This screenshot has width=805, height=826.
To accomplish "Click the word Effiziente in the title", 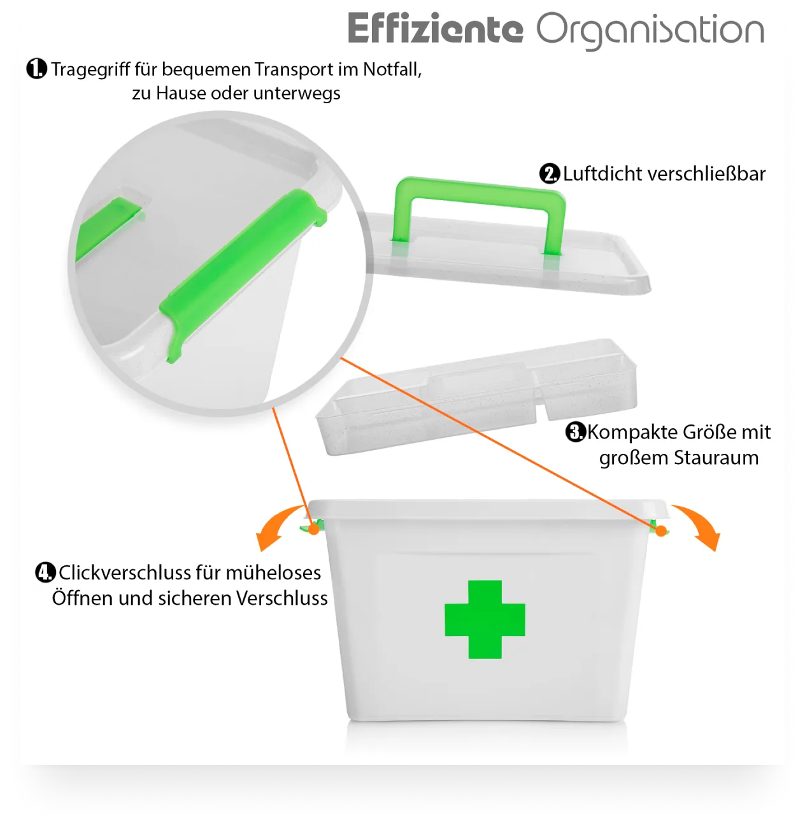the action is (x=435, y=28).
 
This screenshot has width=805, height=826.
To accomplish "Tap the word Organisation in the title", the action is (x=650, y=31).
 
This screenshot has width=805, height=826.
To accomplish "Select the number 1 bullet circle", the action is (x=37, y=69).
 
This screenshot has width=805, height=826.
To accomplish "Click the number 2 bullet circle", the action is (x=550, y=173).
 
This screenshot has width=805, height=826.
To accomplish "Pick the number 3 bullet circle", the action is (x=576, y=432).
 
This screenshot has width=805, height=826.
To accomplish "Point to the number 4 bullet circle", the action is (x=45, y=572).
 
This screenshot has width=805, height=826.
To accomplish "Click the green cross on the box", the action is (x=485, y=619).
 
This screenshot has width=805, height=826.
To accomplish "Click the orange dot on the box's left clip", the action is (x=314, y=529).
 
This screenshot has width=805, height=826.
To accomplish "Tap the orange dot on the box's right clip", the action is (x=661, y=530).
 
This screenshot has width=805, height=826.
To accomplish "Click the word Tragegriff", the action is (x=91, y=70).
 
